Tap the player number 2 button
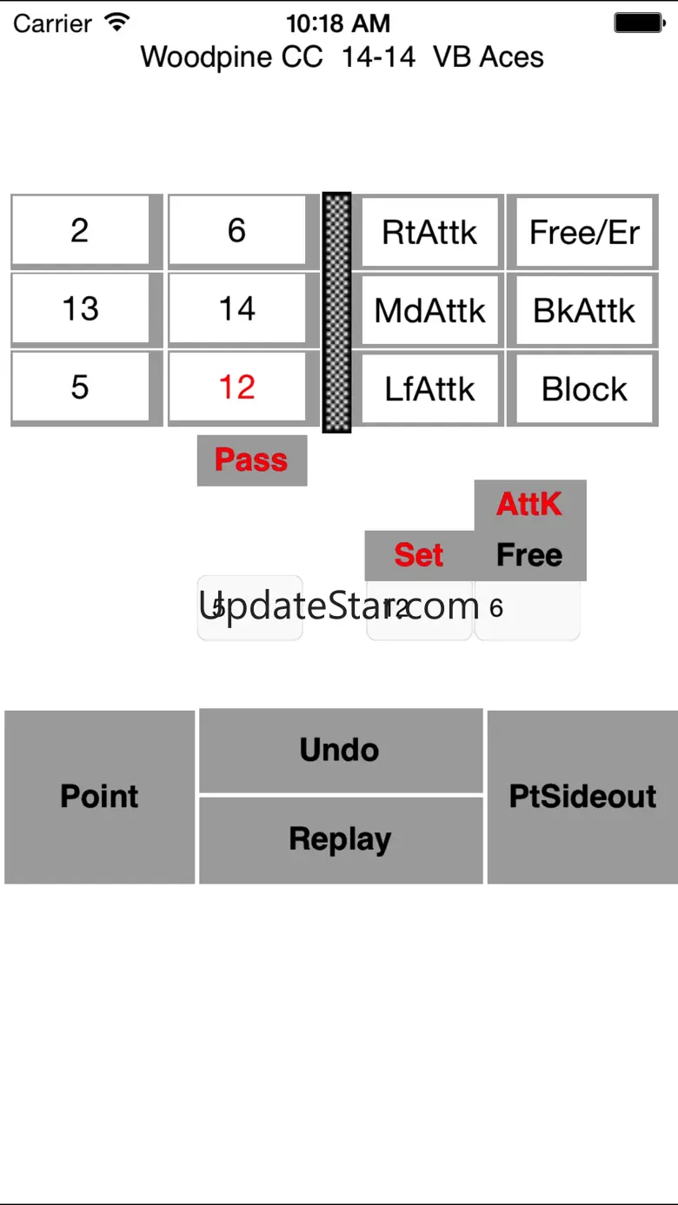80,231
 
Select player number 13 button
80,309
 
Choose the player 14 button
237,309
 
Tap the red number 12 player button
237,387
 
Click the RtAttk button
429,233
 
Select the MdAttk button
429,311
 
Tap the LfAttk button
429,389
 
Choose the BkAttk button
584,311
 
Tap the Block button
584,389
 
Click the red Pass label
251,460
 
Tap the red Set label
419,555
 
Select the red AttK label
529,505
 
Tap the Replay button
341,839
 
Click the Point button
99,797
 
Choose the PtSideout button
582,797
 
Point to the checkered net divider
337,313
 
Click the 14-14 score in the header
378,57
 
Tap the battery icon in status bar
640,23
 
